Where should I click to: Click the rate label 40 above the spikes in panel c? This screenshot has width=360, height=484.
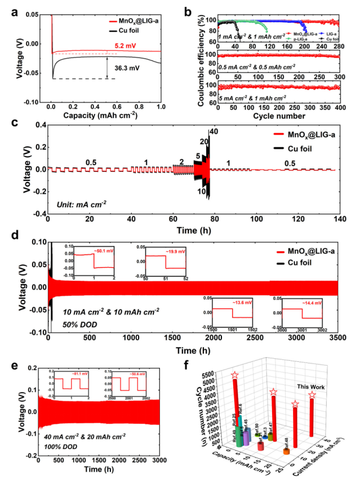(x=214, y=131)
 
